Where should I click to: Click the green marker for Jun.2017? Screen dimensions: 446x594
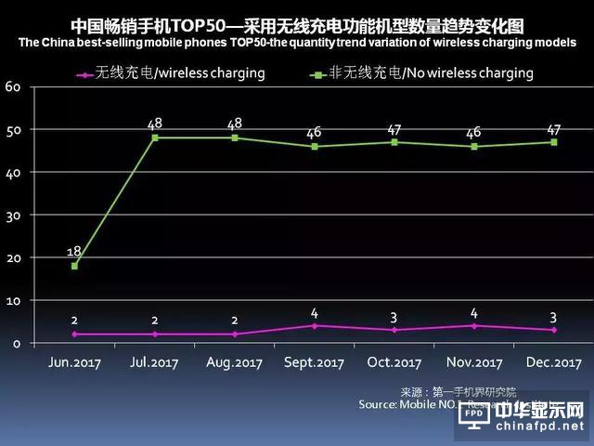(x=74, y=266)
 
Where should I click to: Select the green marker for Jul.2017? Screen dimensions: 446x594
(x=155, y=138)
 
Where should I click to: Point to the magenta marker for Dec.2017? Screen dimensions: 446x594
(x=554, y=330)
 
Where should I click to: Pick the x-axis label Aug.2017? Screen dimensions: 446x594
(x=236, y=363)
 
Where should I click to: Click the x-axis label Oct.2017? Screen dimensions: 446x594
(x=394, y=363)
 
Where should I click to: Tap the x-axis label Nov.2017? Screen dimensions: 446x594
(x=475, y=363)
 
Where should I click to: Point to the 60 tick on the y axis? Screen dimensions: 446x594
(x=13, y=86)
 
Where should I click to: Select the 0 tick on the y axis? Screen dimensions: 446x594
(x=17, y=343)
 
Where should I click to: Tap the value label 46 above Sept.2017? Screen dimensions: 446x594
(x=315, y=133)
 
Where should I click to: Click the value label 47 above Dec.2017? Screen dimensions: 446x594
(x=554, y=127)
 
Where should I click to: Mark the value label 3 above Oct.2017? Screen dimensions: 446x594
(x=395, y=317)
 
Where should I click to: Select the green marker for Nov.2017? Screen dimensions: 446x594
(x=475, y=146)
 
